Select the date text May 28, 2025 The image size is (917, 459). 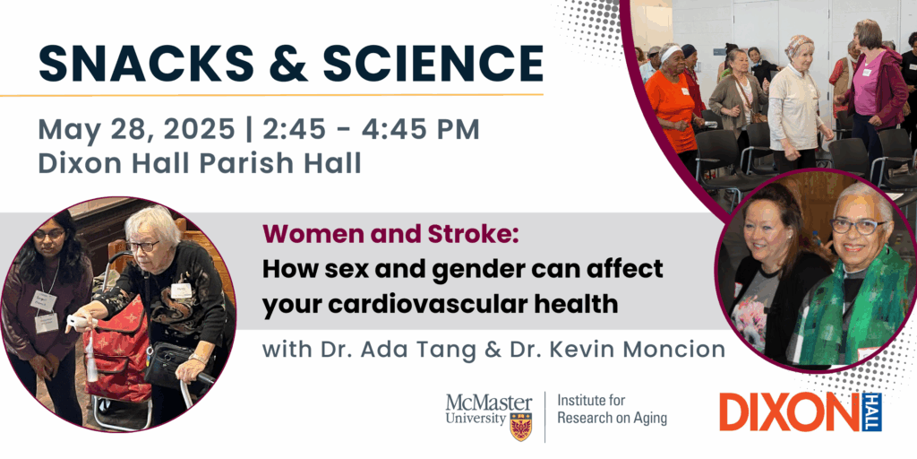pos(136,130)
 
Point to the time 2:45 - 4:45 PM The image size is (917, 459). pos(371,129)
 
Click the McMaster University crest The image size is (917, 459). pos(520,426)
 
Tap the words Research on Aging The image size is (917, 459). pos(612,418)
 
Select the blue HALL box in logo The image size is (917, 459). pos(871,411)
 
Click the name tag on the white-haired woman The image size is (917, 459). pos(181,290)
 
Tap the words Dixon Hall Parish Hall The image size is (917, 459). pos(200,163)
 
